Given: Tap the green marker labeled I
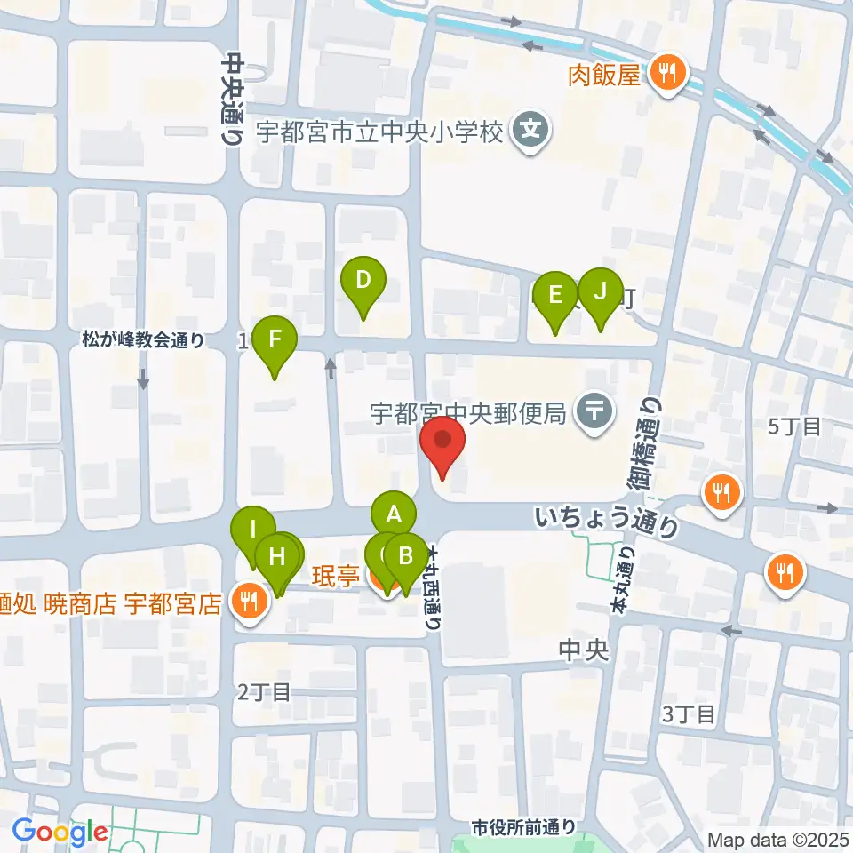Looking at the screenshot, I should tap(252, 531).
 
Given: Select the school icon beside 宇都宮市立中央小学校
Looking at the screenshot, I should tap(530, 132).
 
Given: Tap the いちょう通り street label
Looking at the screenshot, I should tap(608, 521).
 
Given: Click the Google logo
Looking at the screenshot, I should tap(60, 833).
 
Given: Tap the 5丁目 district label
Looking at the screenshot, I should tap(795, 426).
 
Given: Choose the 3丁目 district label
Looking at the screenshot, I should tap(689, 713).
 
